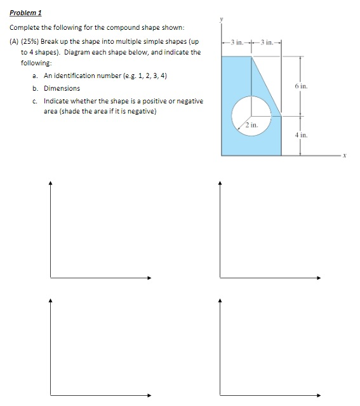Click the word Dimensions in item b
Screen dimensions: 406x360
[x=62, y=88]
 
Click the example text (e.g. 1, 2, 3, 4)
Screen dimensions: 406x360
[x=142, y=75]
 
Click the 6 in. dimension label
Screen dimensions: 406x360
[x=302, y=85]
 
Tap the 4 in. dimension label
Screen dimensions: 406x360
[x=301, y=135]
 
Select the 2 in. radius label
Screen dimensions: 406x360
[x=250, y=127]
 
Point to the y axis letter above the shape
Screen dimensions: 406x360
[x=222, y=20]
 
